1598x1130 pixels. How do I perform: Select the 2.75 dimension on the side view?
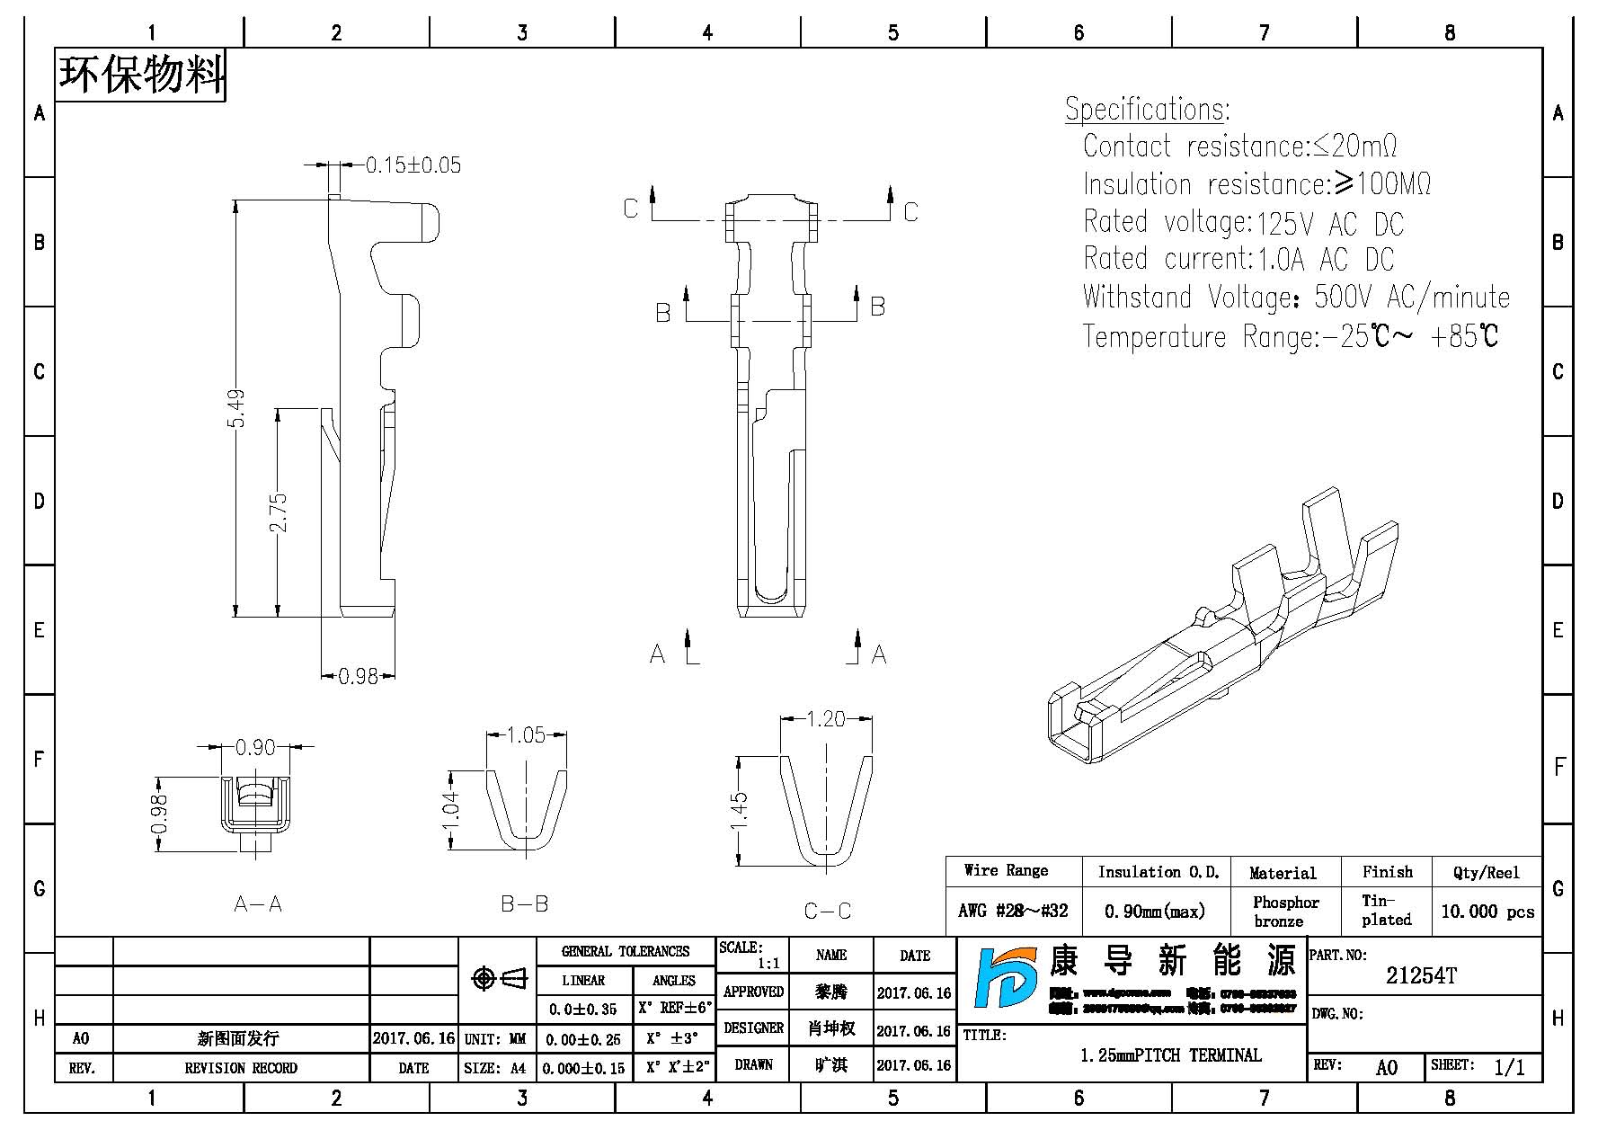pyautogui.click(x=280, y=512)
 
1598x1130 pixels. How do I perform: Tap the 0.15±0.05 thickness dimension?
pyautogui.click(x=413, y=165)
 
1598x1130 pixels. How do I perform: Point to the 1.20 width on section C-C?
pyautogui.click(x=825, y=719)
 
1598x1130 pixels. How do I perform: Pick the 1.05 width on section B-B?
pyautogui.click(x=526, y=735)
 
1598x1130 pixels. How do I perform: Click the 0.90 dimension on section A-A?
pyautogui.click(x=255, y=747)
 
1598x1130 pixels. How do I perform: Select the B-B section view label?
pyautogui.click(x=524, y=903)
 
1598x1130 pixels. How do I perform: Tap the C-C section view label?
pyautogui.click(x=827, y=912)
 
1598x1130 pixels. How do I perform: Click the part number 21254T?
pyautogui.click(x=1421, y=976)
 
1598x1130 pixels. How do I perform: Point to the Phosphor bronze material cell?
pyautogui.click(x=1284, y=912)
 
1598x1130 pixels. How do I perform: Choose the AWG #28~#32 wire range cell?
pyautogui.click(x=1013, y=912)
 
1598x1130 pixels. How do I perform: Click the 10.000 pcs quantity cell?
pyautogui.click(x=1487, y=912)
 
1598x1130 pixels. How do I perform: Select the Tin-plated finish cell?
pyautogui.click(x=1386, y=910)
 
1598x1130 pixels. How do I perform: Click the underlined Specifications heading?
pyautogui.click(x=1147, y=110)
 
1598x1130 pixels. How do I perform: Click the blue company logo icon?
pyautogui.click(x=1004, y=978)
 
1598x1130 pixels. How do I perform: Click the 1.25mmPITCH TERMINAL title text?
pyautogui.click(x=1170, y=1055)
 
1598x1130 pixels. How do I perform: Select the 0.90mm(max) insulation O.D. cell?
pyautogui.click(x=1154, y=912)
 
